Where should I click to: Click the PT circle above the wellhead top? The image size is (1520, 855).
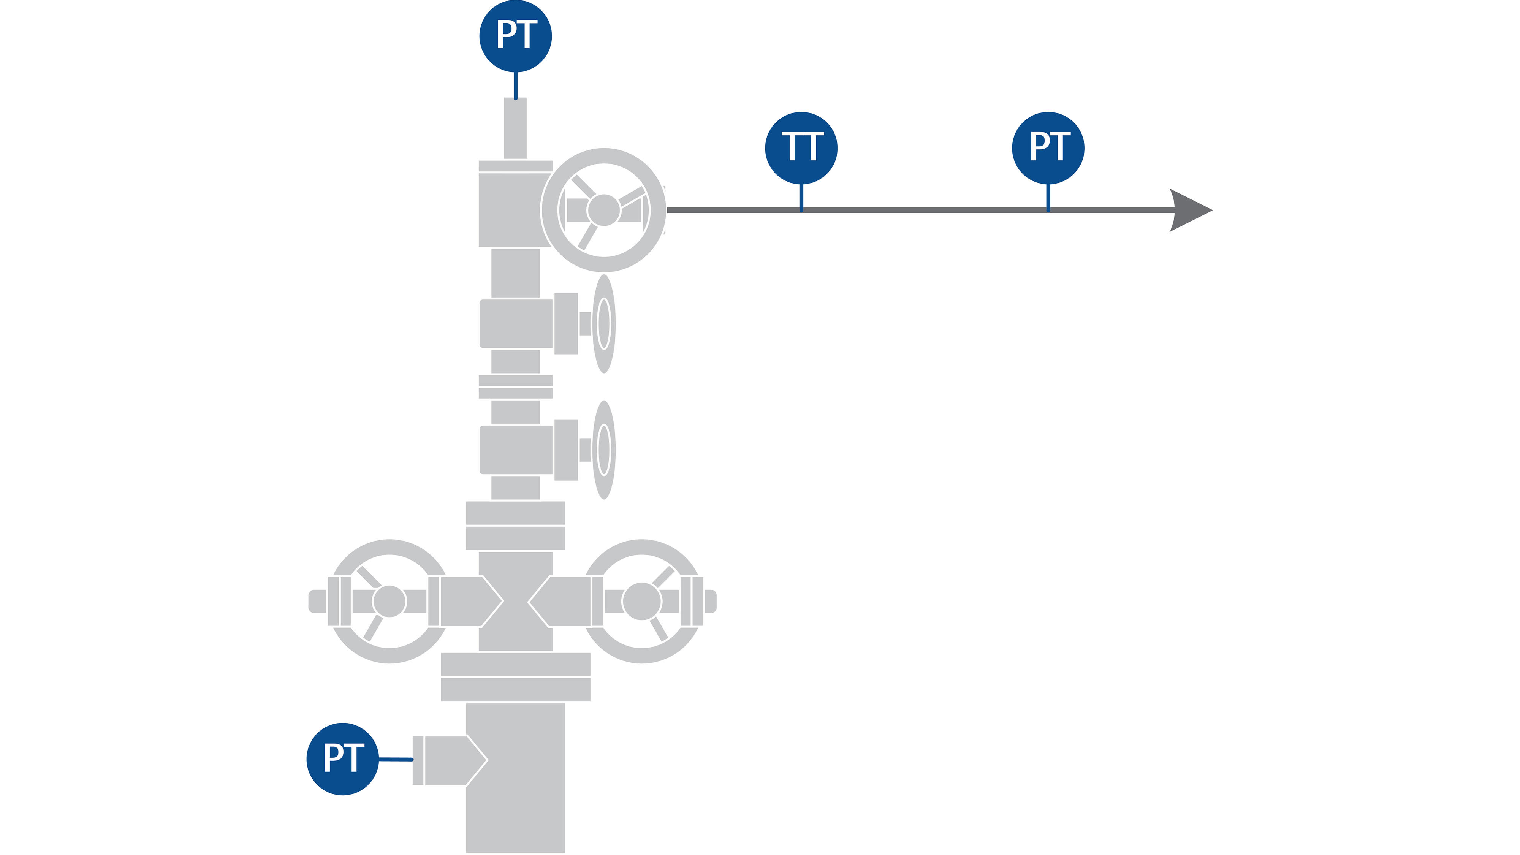515,36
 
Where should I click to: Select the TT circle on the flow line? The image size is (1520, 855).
801,147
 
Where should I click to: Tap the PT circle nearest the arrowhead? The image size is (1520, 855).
1048,147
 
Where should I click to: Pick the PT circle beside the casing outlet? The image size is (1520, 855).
342,759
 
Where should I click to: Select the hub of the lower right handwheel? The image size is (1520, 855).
642,601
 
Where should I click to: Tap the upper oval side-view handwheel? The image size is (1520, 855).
604,323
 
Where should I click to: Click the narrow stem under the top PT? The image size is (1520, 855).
515,129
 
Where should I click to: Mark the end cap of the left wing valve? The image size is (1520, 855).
317,601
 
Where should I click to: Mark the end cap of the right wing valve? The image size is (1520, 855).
711,601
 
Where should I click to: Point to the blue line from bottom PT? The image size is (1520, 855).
395,759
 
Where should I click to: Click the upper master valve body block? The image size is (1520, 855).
515,324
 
